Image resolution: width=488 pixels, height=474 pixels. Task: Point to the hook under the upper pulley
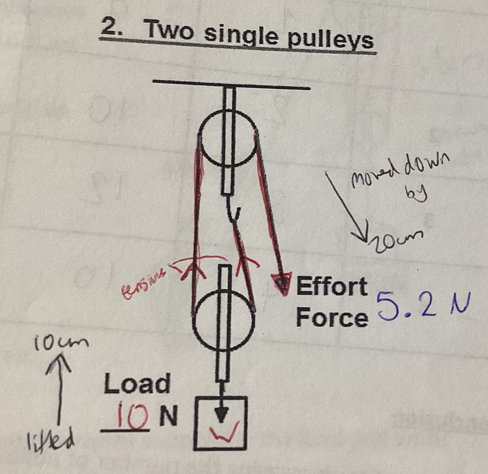point(233,212)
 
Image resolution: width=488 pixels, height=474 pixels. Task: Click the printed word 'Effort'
point(331,286)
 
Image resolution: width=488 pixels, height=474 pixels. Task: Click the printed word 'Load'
point(137,384)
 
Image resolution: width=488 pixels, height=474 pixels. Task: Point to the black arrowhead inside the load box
point(220,415)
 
